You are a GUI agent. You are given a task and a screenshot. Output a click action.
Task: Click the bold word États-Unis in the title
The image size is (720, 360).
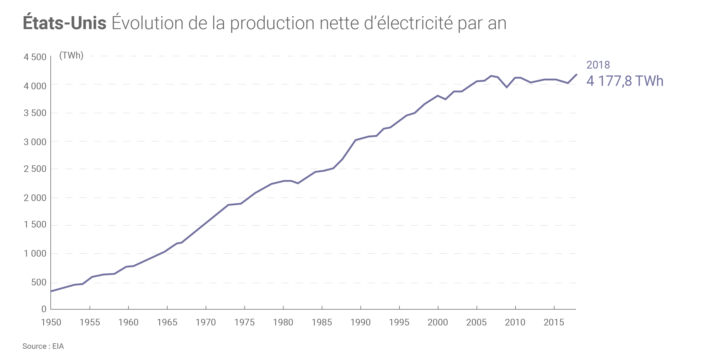pyautogui.click(x=65, y=23)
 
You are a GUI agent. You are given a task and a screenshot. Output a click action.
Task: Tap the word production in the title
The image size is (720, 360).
pyautogui.click(x=272, y=24)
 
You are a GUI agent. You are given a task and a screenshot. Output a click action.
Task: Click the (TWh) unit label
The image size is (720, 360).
pyautogui.click(x=71, y=55)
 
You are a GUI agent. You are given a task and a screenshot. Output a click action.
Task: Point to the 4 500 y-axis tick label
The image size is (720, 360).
pyautogui.click(x=35, y=57)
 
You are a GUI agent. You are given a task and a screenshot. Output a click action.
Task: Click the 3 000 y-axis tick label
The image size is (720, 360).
pyautogui.click(x=35, y=142)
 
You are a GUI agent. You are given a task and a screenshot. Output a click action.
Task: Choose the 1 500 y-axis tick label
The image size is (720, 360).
pyautogui.click(x=35, y=225)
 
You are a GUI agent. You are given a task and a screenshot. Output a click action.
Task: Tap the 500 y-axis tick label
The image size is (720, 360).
pyautogui.click(x=39, y=282)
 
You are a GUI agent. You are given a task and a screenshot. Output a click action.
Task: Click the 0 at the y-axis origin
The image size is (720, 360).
pyautogui.click(x=44, y=309)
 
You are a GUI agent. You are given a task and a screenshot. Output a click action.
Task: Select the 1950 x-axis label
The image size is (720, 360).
pyautogui.click(x=51, y=322)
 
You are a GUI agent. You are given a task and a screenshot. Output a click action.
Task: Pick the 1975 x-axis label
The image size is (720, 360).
pyautogui.click(x=244, y=322)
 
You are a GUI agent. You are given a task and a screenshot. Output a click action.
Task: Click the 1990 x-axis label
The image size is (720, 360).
pyautogui.click(x=360, y=322)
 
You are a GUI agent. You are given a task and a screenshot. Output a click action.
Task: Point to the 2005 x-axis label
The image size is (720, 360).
pyautogui.click(x=476, y=322)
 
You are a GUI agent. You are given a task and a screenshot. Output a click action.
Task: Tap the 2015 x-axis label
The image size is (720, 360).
pyautogui.click(x=554, y=322)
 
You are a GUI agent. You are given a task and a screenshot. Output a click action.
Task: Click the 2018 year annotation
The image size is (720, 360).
pyautogui.click(x=598, y=65)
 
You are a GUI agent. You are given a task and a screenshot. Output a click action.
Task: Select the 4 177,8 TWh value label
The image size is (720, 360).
pyautogui.click(x=625, y=81)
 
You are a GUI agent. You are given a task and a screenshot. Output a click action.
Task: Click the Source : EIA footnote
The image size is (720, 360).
pyautogui.click(x=43, y=346)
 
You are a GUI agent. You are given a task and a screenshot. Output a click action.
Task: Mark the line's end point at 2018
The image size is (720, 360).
pyautogui.click(x=577, y=74)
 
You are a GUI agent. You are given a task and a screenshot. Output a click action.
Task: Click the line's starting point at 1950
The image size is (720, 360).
pyautogui.click(x=51, y=291)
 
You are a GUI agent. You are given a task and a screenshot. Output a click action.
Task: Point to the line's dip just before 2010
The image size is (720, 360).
pyautogui.click(x=507, y=87)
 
